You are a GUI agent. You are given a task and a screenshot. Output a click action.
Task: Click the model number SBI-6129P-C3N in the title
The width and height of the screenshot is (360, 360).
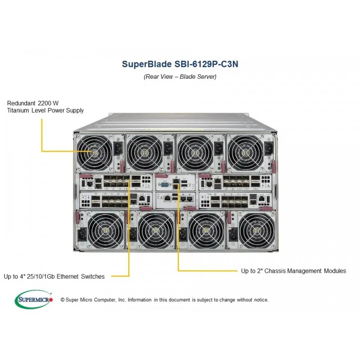[x=206, y=64]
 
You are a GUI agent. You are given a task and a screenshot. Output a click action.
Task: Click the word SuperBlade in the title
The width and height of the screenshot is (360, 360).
[x=146, y=64]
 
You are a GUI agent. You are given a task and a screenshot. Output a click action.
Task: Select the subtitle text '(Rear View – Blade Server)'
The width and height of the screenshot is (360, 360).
[x=180, y=76]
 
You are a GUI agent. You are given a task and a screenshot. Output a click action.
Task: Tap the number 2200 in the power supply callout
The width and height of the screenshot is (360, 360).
[x=44, y=103]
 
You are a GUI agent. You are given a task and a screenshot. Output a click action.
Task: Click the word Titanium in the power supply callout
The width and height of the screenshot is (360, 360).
[x=18, y=110]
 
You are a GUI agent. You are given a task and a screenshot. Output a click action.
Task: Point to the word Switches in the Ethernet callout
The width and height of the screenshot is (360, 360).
[x=93, y=276]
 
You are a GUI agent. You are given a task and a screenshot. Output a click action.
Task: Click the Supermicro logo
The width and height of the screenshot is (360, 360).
[x=34, y=299]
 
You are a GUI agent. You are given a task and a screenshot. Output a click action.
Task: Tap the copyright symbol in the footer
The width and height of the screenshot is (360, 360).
[x=63, y=300]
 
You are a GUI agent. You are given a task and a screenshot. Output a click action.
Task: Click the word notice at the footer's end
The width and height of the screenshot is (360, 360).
[x=261, y=300]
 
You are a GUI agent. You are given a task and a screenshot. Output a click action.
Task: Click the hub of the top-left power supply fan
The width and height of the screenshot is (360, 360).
[x=94, y=153]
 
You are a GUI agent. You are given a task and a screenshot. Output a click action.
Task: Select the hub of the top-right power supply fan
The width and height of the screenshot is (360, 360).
[x=245, y=153]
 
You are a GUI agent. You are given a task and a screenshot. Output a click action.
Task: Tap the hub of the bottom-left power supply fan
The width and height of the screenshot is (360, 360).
[x=105, y=230]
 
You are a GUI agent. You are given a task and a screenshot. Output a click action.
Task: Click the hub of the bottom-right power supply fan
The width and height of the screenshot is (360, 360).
[x=256, y=230]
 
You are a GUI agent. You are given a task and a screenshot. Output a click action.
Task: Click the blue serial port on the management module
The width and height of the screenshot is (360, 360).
[x=165, y=184]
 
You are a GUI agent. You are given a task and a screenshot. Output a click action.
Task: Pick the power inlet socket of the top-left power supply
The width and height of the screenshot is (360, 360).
[x=118, y=148]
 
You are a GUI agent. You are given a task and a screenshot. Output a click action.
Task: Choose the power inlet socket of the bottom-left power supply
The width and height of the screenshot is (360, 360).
[x=82, y=234]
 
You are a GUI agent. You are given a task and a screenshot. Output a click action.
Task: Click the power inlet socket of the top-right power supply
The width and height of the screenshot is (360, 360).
[x=269, y=148]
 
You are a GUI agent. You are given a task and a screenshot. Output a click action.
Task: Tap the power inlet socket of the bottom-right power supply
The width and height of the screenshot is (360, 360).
[x=233, y=234]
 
